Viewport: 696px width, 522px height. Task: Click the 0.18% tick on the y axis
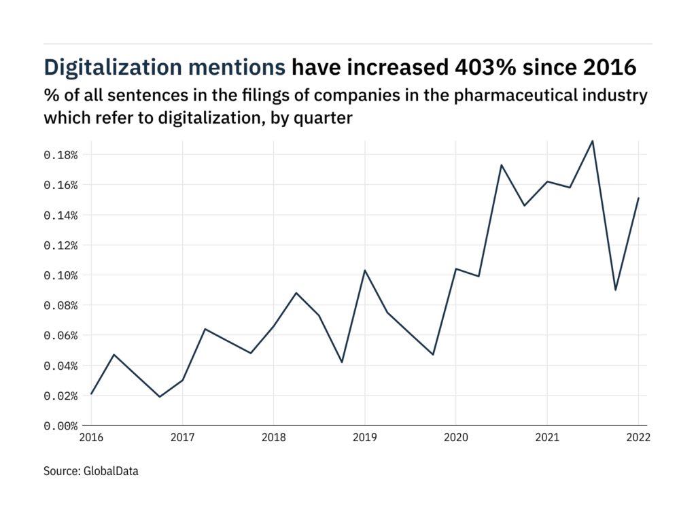click(x=60, y=155)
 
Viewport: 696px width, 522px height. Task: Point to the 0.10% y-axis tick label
click(x=60, y=275)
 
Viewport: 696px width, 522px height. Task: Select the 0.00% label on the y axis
click(x=60, y=426)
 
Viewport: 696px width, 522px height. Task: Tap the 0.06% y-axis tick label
click(x=60, y=336)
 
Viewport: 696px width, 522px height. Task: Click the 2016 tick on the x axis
click(x=91, y=438)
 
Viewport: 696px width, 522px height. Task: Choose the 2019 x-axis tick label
click(x=365, y=438)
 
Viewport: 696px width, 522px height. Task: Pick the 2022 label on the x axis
click(x=639, y=438)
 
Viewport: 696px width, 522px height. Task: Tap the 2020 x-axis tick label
click(x=456, y=438)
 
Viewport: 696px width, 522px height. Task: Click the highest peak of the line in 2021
click(x=593, y=141)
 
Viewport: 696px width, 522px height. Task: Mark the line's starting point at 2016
click(x=91, y=394)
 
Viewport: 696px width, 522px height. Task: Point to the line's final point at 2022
click(x=639, y=198)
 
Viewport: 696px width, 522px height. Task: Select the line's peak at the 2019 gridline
click(x=365, y=271)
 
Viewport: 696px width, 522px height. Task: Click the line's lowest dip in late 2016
click(x=160, y=397)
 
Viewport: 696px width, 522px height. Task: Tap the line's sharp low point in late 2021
click(x=616, y=290)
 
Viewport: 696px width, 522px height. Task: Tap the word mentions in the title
click(x=243, y=67)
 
